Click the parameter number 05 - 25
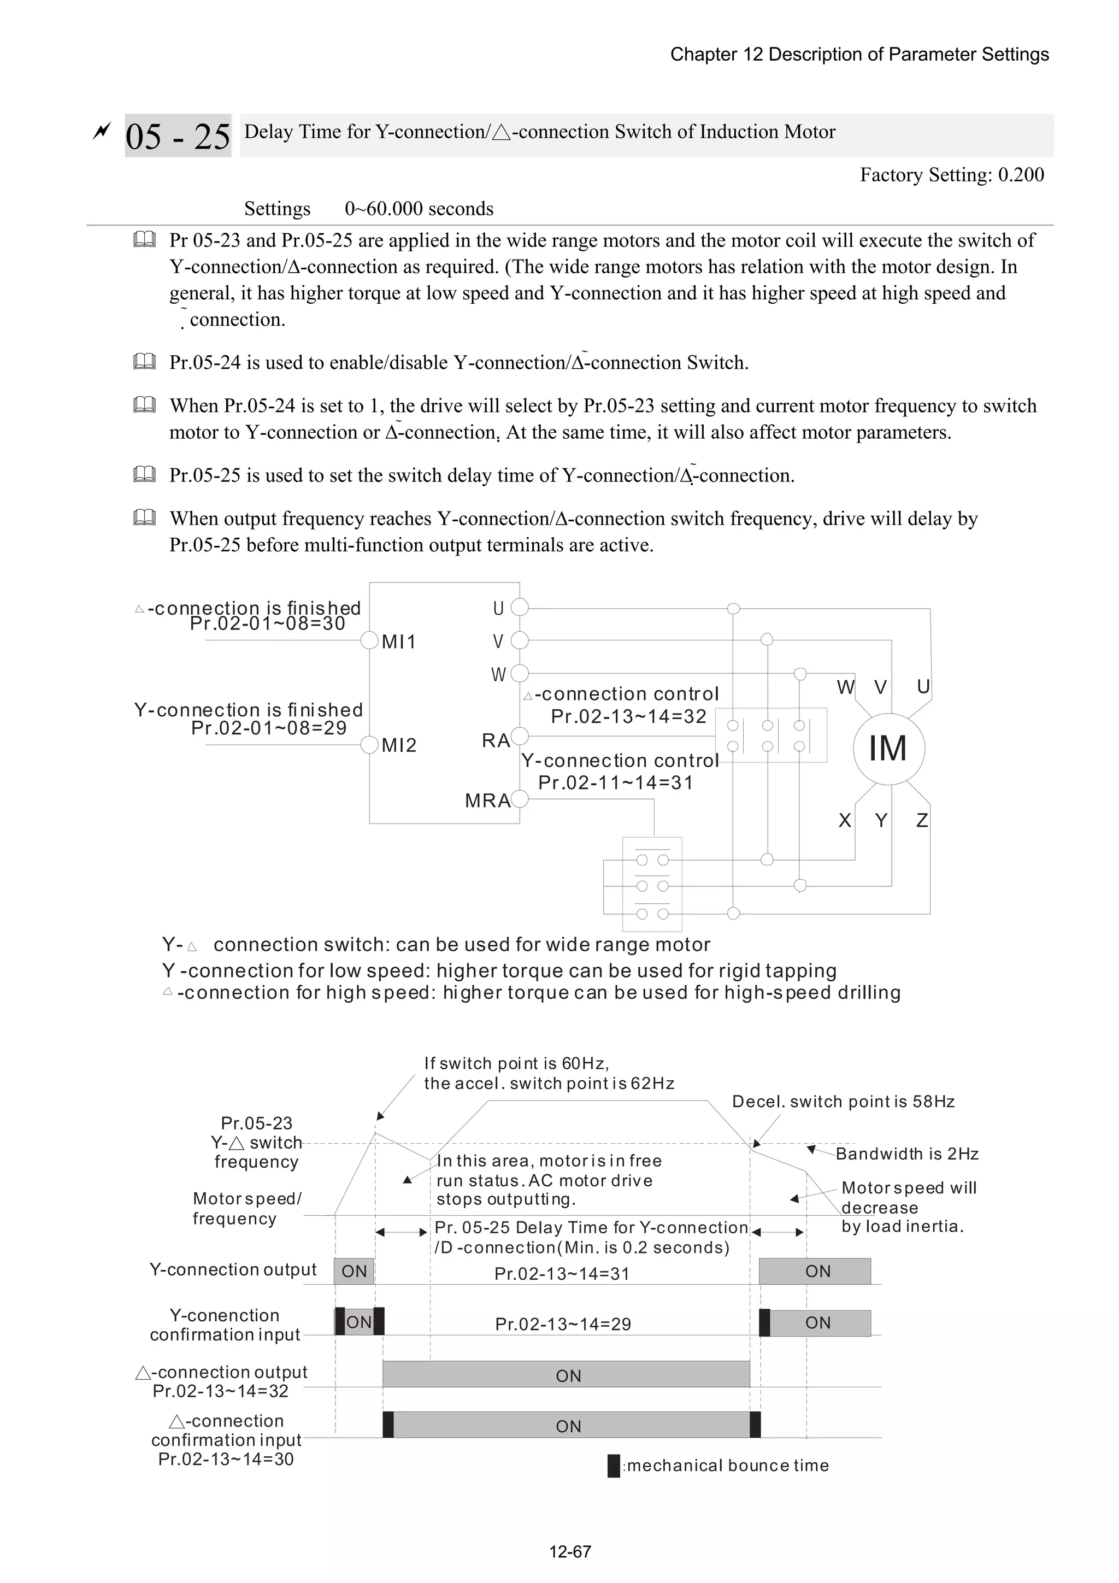point(178,136)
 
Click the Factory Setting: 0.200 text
point(951,175)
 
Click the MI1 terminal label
point(398,642)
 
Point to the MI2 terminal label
point(398,745)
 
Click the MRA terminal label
point(487,801)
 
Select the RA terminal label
point(495,740)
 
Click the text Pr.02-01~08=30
point(268,624)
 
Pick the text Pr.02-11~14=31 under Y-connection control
point(615,782)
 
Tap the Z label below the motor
point(922,820)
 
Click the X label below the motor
point(845,820)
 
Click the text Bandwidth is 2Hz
point(906,1154)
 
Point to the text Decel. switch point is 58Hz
point(843,1102)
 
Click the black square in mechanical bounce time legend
point(614,1465)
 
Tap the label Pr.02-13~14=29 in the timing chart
point(563,1324)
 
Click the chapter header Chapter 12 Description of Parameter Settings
point(859,55)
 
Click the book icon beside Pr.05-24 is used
point(144,361)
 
